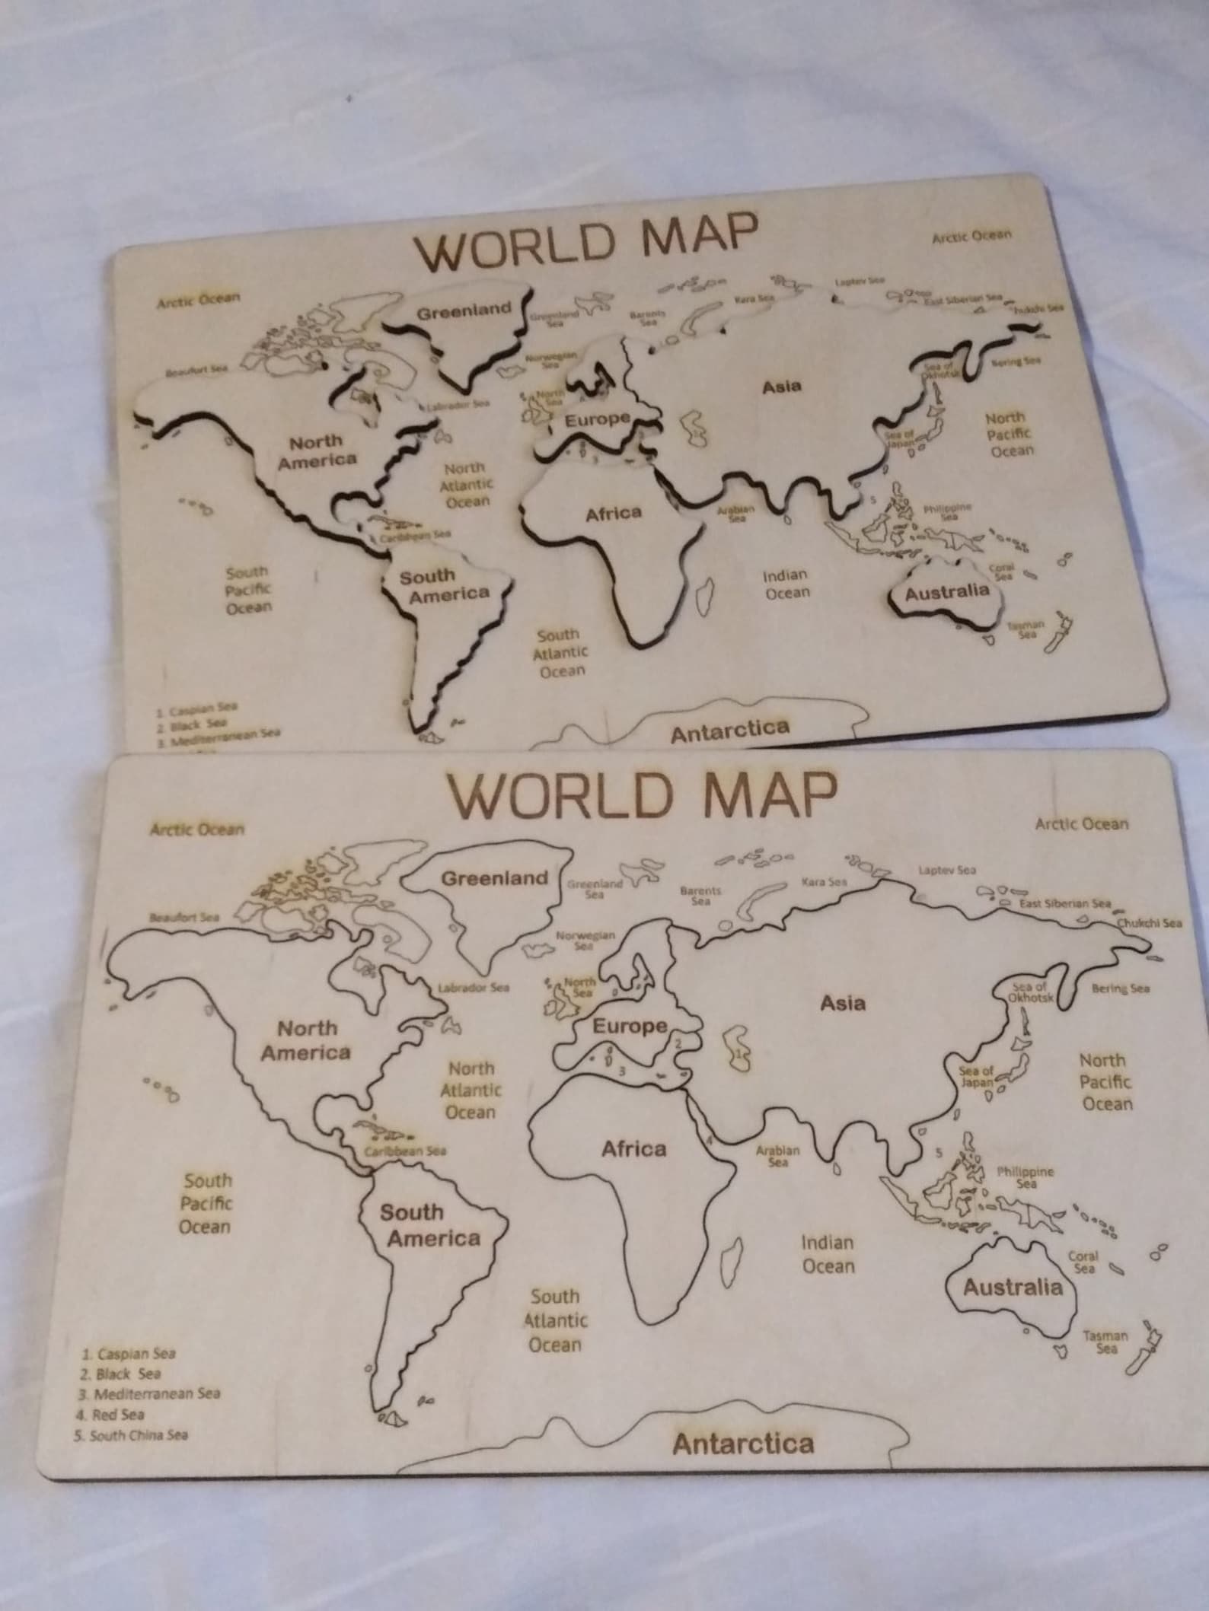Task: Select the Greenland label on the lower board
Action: tap(495, 878)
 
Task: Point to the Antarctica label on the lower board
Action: tap(743, 1444)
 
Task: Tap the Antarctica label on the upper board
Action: tap(730, 731)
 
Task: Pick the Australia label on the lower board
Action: tap(1013, 1288)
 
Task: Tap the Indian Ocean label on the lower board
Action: tap(828, 1254)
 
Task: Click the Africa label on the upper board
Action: tap(614, 514)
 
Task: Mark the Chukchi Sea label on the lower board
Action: tap(1150, 923)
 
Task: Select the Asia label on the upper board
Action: tap(782, 387)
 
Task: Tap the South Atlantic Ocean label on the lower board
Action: tap(555, 1320)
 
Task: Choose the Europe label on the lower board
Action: tap(630, 1026)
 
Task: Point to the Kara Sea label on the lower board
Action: tap(824, 882)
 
